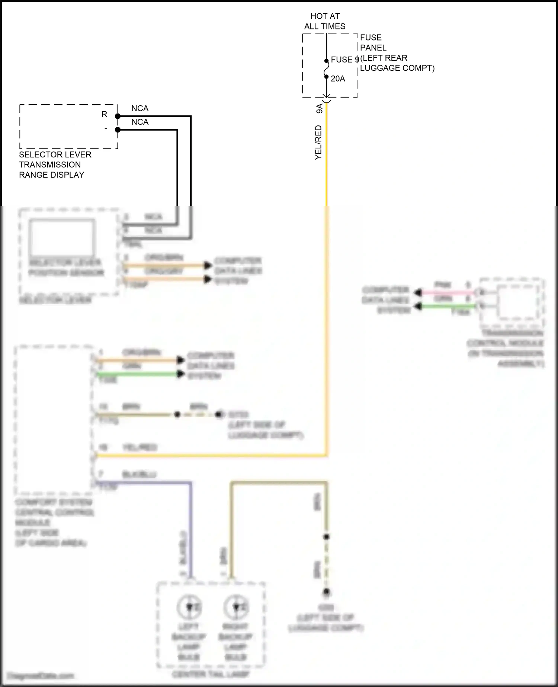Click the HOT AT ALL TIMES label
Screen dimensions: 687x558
click(325, 21)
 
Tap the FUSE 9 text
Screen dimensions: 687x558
click(344, 60)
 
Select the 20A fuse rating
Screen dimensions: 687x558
click(338, 79)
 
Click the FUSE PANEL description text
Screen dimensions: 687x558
click(397, 52)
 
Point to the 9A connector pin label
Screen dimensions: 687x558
click(319, 109)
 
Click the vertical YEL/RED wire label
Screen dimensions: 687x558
click(318, 143)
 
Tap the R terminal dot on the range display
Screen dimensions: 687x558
click(118, 116)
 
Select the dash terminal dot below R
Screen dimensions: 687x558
click(118, 130)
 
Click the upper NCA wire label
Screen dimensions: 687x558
click(140, 108)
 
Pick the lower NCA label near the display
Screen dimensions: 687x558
click(140, 122)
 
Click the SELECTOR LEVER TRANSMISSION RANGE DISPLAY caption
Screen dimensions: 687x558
click(55, 164)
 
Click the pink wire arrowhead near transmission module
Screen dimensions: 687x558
click(418, 293)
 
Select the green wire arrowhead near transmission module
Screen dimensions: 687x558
click(418, 306)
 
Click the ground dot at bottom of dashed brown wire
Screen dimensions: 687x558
click(326, 591)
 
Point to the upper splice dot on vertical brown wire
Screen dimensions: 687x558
click(326, 537)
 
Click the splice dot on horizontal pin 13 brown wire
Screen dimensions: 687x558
click(177, 414)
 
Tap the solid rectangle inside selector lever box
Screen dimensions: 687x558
click(62, 237)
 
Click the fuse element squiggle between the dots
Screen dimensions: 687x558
click(326, 69)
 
